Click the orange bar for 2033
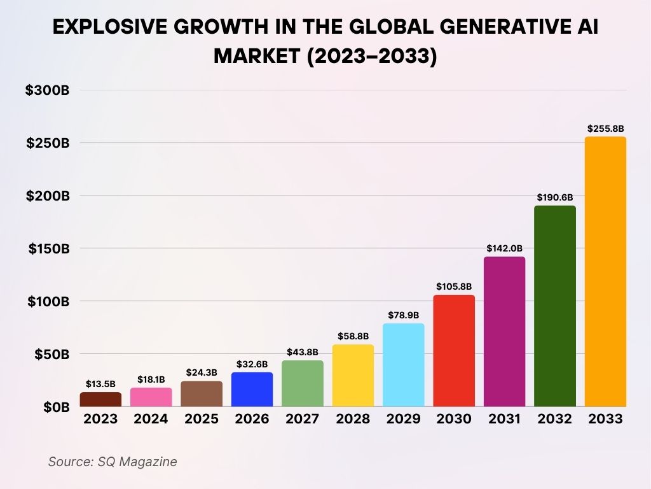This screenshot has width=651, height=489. click(605, 272)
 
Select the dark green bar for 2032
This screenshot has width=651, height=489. click(555, 306)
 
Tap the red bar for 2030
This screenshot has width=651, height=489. click(454, 351)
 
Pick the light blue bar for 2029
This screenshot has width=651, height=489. click(404, 365)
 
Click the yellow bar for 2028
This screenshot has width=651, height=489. click(353, 376)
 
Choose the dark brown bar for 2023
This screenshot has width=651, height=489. click(100, 399)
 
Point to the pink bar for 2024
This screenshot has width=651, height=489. click(151, 397)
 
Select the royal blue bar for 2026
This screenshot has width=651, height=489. click(252, 390)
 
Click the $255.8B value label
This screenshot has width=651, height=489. click(605, 129)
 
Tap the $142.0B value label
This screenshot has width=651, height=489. click(505, 248)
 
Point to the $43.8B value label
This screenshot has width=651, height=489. click(303, 352)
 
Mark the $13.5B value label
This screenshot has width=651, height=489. click(100, 384)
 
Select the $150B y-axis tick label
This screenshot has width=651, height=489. click(48, 248)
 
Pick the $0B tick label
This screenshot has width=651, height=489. click(56, 407)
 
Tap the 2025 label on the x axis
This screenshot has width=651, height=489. click(202, 419)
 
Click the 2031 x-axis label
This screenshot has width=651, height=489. click(505, 419)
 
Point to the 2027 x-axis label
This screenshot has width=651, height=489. click(303, 419)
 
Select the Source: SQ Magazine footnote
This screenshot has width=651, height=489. click(113, 462)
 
